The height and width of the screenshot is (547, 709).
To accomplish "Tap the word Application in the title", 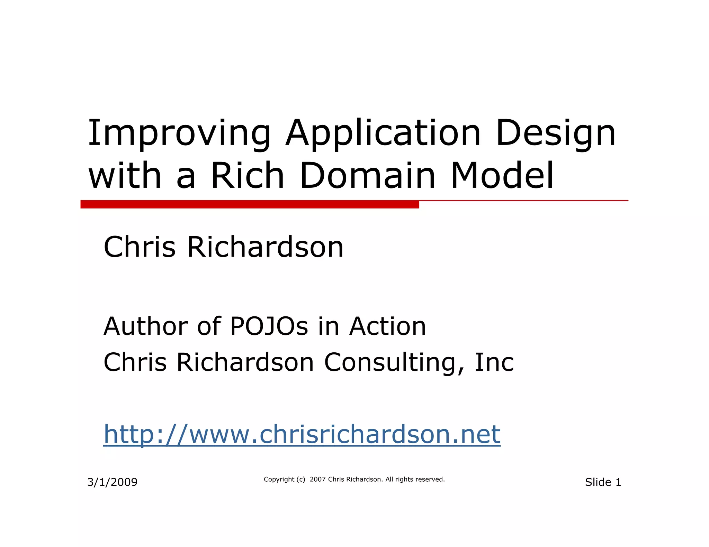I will pyautogui.click(x=383, y=133).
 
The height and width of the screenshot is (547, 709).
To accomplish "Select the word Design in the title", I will pyautogui.click(x=555, y=133).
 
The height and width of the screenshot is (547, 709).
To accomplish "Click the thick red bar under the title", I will pyautogui.click(x=250, y=204).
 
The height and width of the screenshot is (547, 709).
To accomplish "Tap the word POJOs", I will pyautogui.click(x=269, y=326).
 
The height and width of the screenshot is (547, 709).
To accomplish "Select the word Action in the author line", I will pyautogui.click(x=387, y=326).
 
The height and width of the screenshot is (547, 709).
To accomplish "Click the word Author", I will pyautogui.click(x=145, y=326).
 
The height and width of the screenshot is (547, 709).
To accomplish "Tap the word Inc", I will pyautogui.click(x=494, y=362).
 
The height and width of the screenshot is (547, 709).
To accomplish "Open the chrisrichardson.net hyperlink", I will pyautogui.click(x=302, y=434).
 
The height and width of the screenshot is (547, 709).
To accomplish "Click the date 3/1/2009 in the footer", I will pyautogui.click(x=113, y=482).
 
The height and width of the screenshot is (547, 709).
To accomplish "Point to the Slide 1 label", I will pyautogui.click(x=603, y=482).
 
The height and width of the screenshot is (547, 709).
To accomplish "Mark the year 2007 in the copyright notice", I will pyautogui.click(x=317, y=479).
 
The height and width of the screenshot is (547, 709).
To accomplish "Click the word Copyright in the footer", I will pyautogui.click(x=279, y=479).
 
